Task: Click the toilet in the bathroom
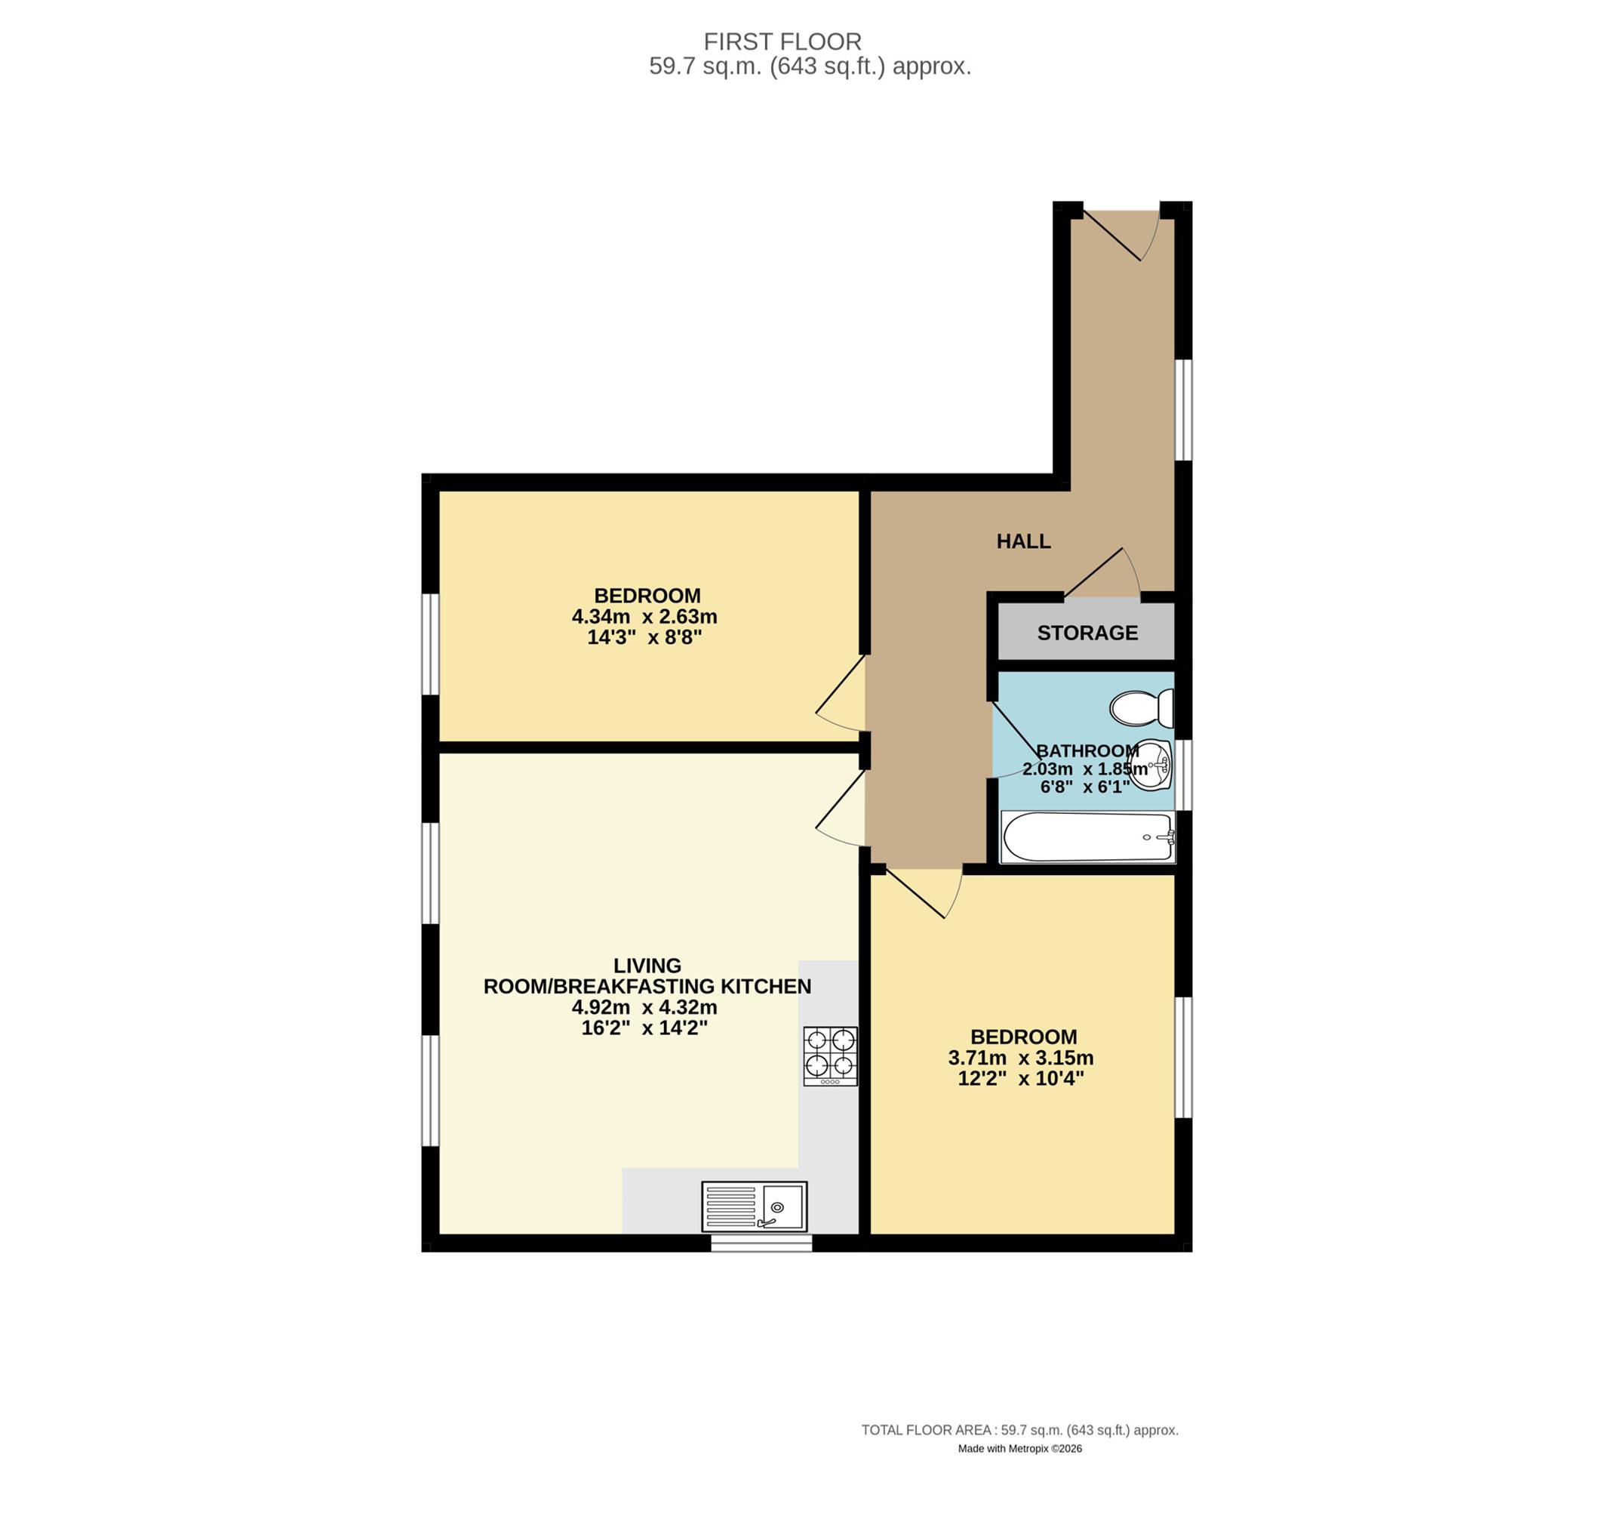(x=1142, y=708)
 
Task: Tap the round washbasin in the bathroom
(x=1152, y=765)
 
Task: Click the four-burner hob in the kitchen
(x=831, y=1055)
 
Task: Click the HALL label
(x=1024, y=541)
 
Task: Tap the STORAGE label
(x=1087, y=633)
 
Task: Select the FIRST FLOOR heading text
(x=782, y=42)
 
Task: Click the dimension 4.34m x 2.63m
(x=644, y=616)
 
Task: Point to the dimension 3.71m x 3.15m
(x=1020, y=1058)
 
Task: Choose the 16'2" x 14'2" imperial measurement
(x=644, y=1028)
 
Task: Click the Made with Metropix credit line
(x=1019, y=1448)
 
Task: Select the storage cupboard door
(x=1102, y=575)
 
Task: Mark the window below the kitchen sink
(x=761, y=1243)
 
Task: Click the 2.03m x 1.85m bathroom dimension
(x=1086, y=769)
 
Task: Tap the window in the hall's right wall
(x=1184, y=409)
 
